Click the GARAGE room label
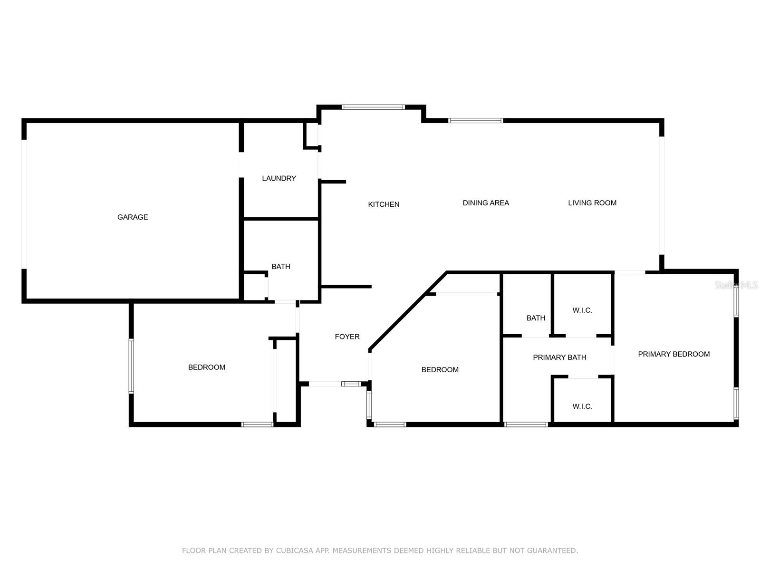(x=133, y=217)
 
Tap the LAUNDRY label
(x=279, y=179)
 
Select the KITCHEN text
(x=384, y=204)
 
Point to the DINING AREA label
(x=486, y=203)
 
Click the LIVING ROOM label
(x=592, y=203)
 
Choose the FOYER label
(x=347, y=337)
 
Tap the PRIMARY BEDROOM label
(x=673, y=354)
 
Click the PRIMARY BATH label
(x=559, y=357)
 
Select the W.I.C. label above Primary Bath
(x=582, y=310)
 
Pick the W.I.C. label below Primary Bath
(x=582, y=406)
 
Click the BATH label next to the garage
(x=281, y=267)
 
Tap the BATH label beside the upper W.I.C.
(x=536, y=318)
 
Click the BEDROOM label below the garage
(x=207, y=367)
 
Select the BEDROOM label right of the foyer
(x=440, y=370)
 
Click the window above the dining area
(x=475, y=121)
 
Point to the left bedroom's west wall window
(x=132, y=366)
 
